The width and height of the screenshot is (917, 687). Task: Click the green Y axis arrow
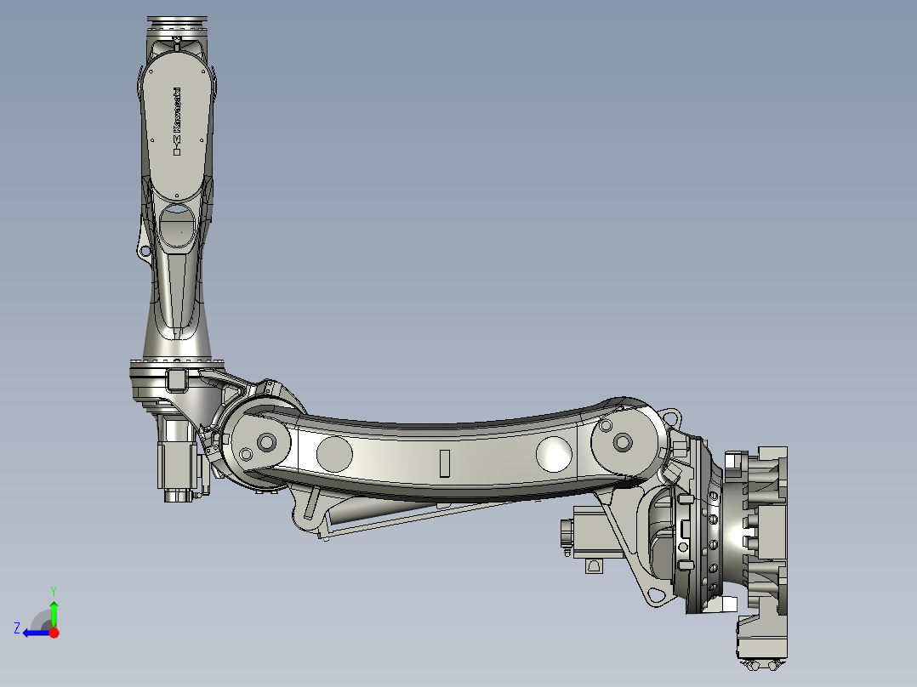[x=54, y=612]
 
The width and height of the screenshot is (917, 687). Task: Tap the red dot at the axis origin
[x=54, y=633]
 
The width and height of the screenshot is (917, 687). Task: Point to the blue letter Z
[x=17, y=628]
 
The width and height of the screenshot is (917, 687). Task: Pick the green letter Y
[x=53, y=590]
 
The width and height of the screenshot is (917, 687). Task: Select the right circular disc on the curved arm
[x=555, y=453]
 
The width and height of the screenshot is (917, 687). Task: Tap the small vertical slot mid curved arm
[x=443, y=463]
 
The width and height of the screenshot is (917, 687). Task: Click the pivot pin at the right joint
[x=622, y=442]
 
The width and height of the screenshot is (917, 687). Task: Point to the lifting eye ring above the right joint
[x=672, y=418]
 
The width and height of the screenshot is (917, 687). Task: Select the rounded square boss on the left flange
[x=177, y=378]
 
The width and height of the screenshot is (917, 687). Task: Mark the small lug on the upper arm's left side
[x=143, y=250]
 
